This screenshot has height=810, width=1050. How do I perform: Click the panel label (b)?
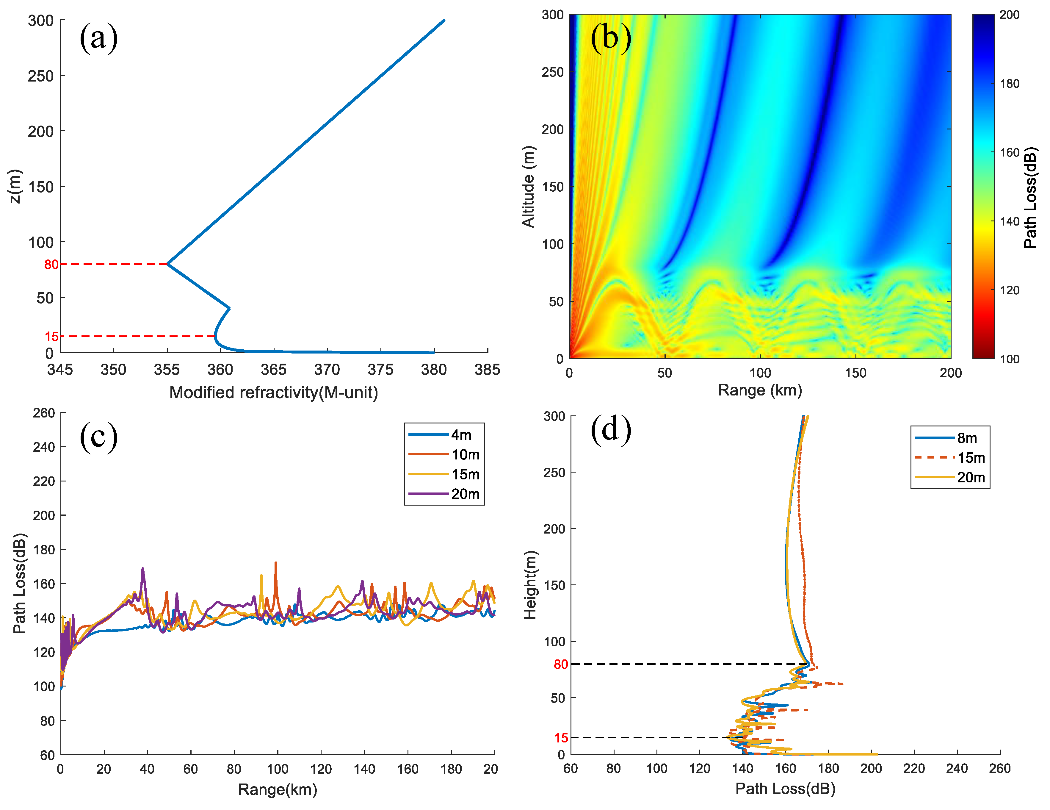(x=611, y=37)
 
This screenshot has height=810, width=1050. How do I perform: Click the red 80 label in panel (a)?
(x=51, y=265)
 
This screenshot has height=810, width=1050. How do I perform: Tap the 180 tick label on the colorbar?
(x=1010, y=84)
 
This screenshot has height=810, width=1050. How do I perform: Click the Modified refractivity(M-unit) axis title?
(x=274, y=393)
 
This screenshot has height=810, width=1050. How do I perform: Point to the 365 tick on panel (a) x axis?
(x=274, y=369)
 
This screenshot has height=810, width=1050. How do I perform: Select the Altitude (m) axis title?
(x=528, y=186)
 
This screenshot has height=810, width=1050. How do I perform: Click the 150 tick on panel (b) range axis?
(x=855, y=373)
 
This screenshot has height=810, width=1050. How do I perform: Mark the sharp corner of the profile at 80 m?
(x=167, y=264)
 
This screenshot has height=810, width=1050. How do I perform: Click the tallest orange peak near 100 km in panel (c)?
(x=275, y=563)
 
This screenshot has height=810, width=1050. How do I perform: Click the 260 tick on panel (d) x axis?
(x=999, y=768)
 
